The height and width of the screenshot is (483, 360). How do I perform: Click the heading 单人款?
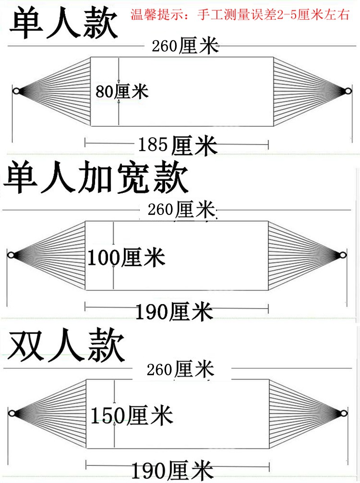tap(64, 23)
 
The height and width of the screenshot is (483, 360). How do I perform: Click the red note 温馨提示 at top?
tap(240, 14)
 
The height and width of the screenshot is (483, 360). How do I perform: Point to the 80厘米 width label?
tap(122, 91)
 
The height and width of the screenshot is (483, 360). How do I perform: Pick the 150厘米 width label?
tap(131, 415)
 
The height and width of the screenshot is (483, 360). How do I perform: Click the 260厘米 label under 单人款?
tap(185, 46)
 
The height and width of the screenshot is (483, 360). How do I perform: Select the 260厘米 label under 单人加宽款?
tap(181, 210)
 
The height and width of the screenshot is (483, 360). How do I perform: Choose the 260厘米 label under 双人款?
tap(180, 369)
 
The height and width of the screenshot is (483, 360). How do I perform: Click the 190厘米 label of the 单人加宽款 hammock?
tap(174, 311)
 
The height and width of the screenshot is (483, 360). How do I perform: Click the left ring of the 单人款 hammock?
tap(16, 91)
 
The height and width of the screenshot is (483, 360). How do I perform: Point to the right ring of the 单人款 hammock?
tap(348, 91)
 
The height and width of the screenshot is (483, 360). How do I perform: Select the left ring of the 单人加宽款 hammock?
tap(11, 255)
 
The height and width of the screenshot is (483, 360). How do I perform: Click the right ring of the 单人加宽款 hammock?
tap(343, 255)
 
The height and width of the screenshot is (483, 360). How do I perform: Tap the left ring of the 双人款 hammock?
tap(12, 413)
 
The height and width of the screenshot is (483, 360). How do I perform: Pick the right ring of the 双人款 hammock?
tap(344, 413)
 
